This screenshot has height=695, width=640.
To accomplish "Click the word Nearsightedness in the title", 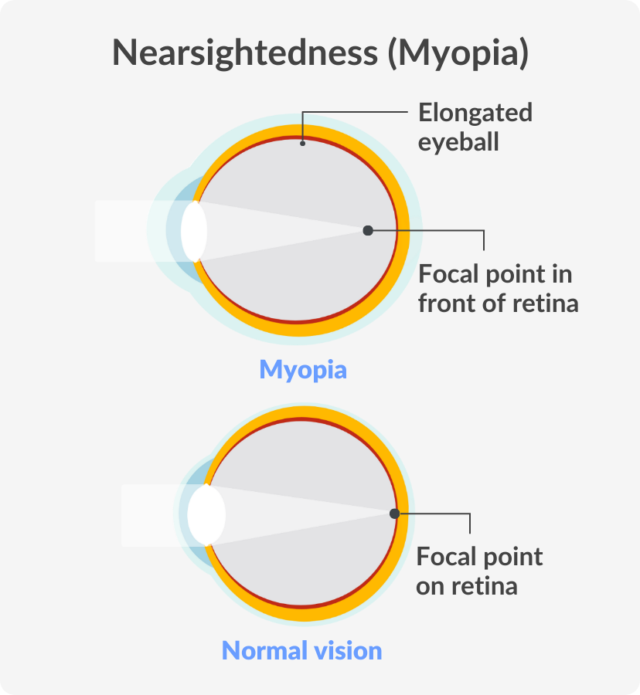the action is [245, 53].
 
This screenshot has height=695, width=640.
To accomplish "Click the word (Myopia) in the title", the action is [458, 53].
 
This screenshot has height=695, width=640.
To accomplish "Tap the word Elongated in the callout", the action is [475, 113].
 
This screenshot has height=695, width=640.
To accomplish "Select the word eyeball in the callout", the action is [458, 142].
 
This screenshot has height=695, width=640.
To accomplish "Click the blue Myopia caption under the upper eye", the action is [303, 370].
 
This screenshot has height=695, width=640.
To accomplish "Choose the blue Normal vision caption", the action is [301, 651].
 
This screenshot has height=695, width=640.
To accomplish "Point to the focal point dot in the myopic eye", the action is [368, 230].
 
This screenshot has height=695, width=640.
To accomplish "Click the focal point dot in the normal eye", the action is [394, 514].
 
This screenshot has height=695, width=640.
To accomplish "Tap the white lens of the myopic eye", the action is [194, 231].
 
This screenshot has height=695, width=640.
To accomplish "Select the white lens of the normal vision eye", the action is [206, 514].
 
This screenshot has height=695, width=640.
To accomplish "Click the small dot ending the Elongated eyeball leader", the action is [302, 143].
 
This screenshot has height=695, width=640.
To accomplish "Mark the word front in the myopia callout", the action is [447, 303].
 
